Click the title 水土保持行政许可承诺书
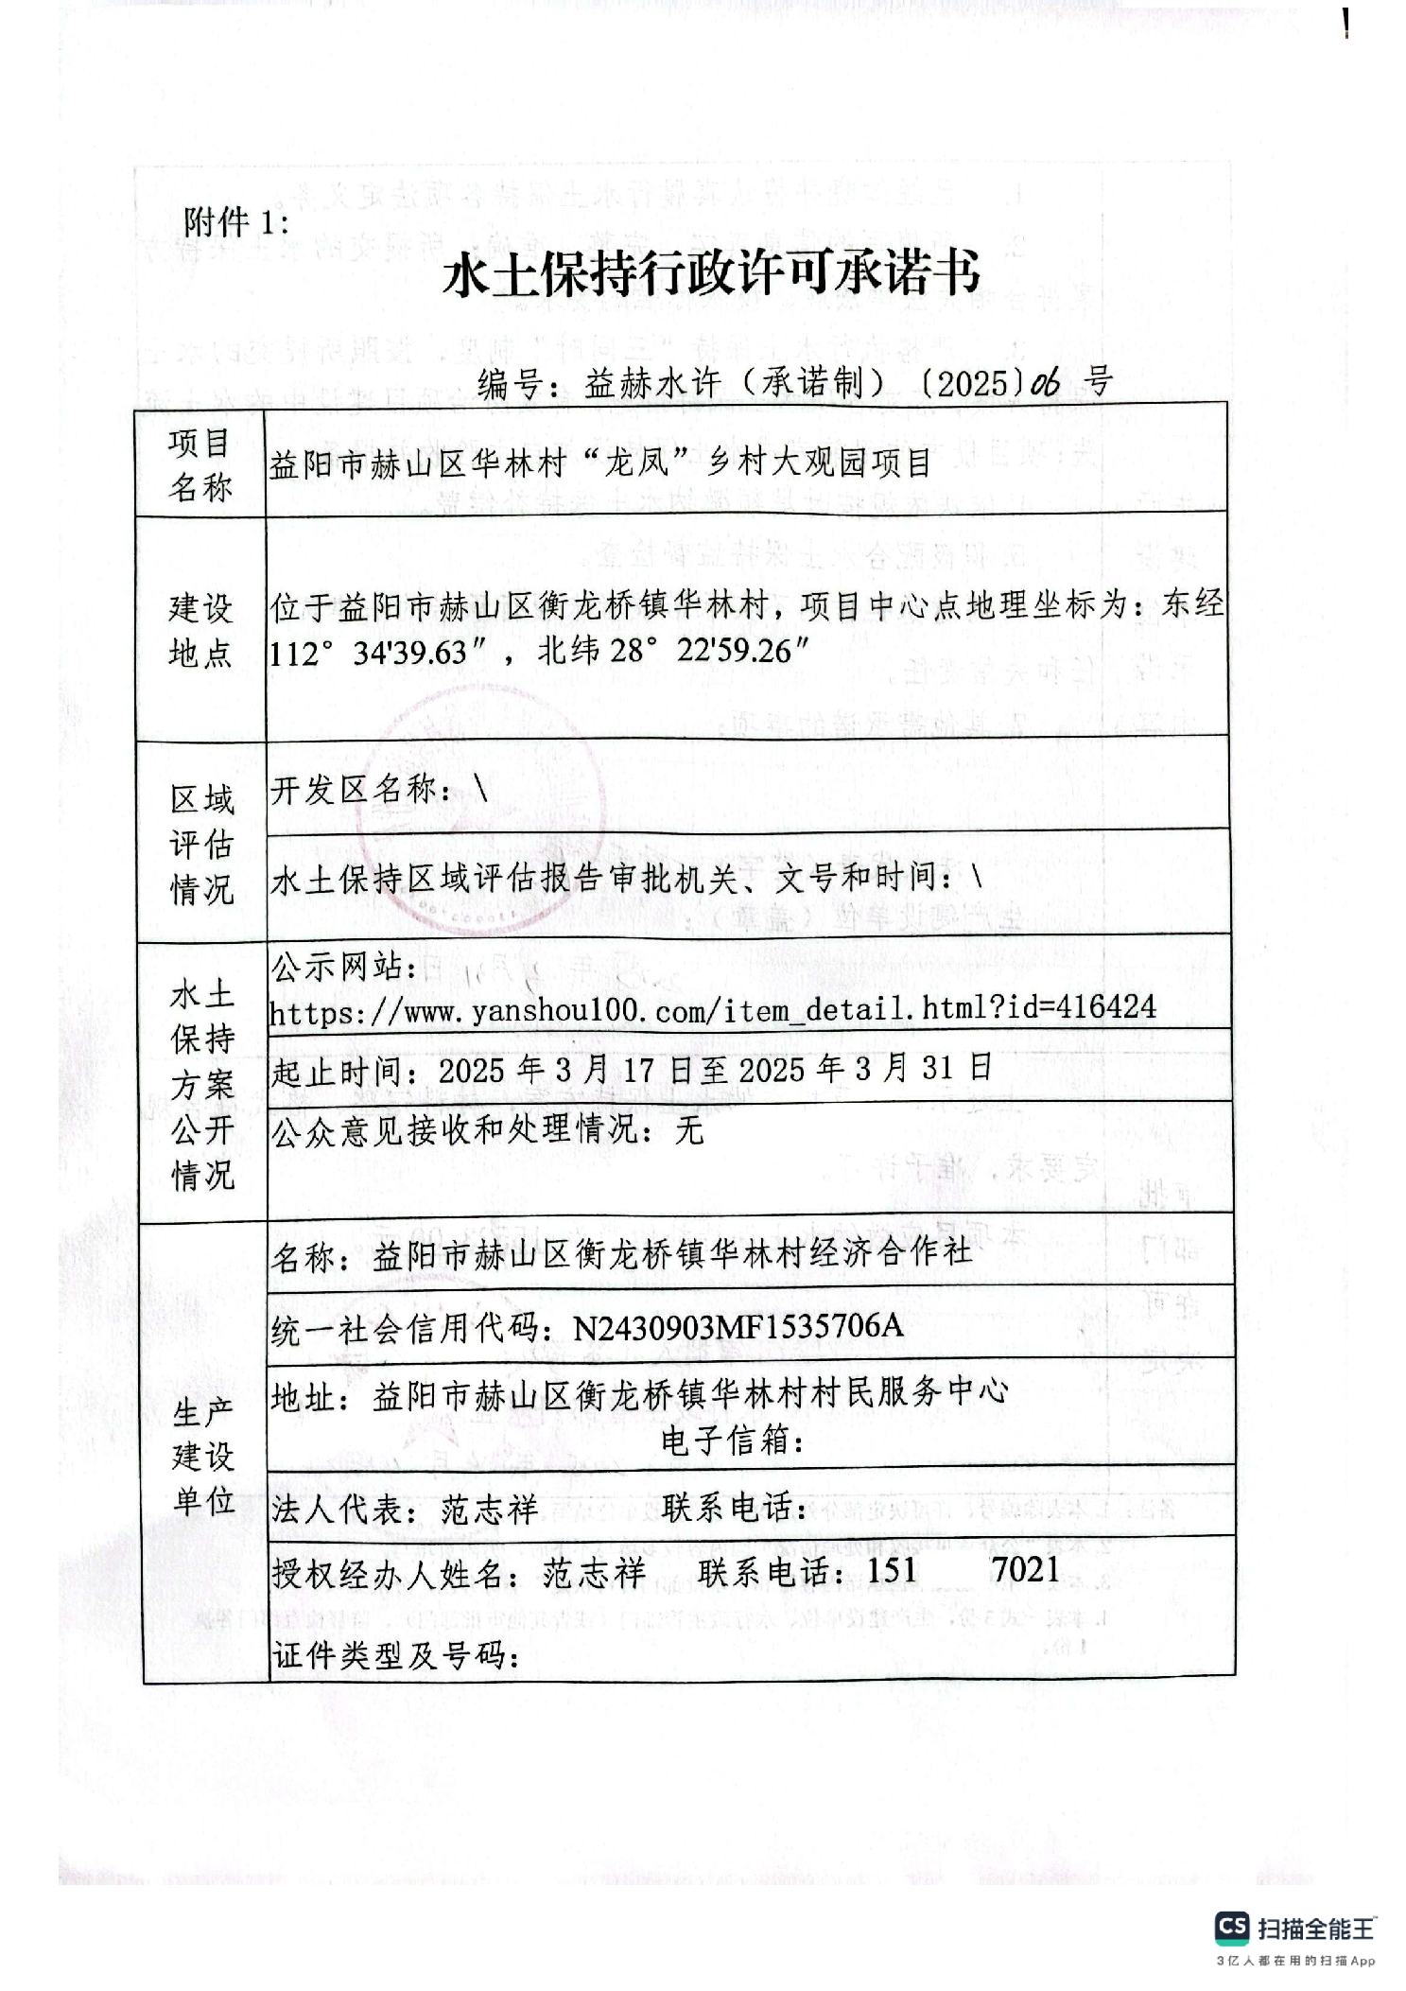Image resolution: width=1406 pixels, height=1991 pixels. point(711,275)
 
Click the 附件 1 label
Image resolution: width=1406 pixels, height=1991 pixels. point(235,223)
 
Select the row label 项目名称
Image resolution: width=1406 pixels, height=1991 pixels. point(200,464)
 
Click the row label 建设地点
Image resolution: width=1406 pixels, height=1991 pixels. point(200,630)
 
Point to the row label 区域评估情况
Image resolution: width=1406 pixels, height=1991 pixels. point(201,844)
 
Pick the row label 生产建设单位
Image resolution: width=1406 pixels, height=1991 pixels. point(203,1456)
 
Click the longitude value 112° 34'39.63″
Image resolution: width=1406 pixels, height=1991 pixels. point(369,653)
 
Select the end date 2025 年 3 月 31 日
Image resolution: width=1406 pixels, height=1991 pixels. point(864,1069)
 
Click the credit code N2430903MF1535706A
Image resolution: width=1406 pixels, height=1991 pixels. point(738,1327)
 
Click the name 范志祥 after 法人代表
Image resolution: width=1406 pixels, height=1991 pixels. point(489,1509)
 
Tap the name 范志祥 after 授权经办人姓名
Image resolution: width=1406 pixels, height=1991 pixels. point(594,1573)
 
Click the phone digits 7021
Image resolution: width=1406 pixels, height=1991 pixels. point(1025,1570)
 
